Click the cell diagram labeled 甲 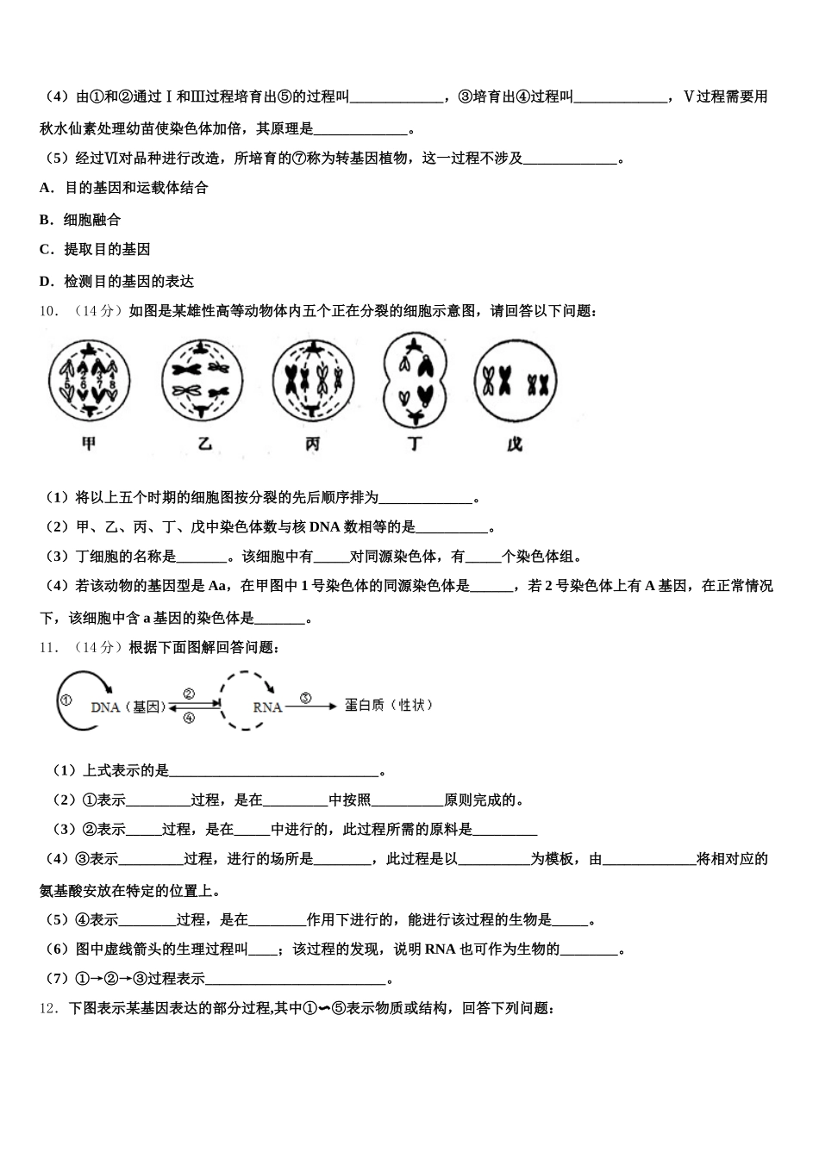pyautogui.click(x=89, y=380)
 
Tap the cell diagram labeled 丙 pyautogui.click(x=314, y=380)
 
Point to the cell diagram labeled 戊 pyautogui.click(x=516, y=380)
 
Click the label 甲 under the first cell pyautogui.click(x=89, y=444)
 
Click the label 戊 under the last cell pyautogui.click(x=516, y=445)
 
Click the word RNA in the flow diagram pyautogui.click(x=267, y=707)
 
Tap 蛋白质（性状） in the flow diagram pyautogui.click(x=389, y=705)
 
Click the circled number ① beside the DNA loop pyautogui.click(x=66, y=700)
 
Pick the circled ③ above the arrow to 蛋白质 pyautogui.click(x=305, y=698)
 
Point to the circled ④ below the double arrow pyautogui.click(x=189, y=717)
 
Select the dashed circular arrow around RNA pyautogui.click(x=247, y=700)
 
